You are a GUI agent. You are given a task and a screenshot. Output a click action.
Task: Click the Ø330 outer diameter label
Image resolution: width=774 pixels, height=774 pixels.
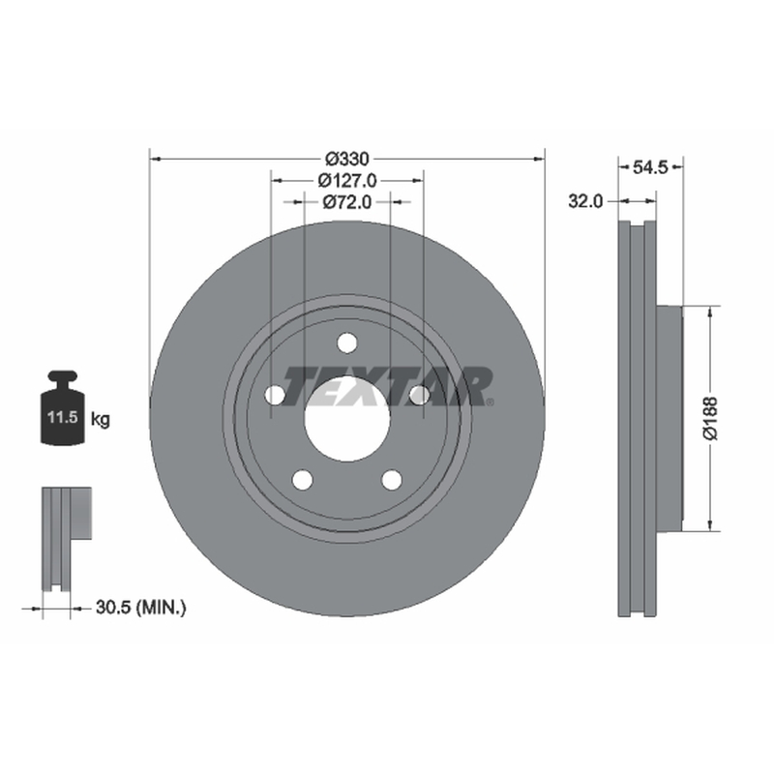pyautogui.click(x=347, y=159)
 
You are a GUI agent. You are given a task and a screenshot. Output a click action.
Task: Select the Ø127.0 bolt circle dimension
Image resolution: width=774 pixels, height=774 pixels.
pyautogui.click(x=347, y=181)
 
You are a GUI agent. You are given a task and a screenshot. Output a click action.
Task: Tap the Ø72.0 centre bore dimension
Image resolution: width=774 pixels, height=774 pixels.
pyautogui.click(x=347, y=202)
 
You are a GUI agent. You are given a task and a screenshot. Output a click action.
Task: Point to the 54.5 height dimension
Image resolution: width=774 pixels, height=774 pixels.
pyautogui.click(x=650, y=167)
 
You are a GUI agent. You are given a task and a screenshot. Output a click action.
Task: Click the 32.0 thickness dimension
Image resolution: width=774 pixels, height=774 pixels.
pyautogui.click(x=585, y=201)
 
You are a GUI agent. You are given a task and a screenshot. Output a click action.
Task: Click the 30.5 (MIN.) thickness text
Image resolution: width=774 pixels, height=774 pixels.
pyautogui.click(x=140, y=608)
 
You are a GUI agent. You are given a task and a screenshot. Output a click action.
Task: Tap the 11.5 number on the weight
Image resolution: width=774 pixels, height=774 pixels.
pyautogui.click(x=63, y=417)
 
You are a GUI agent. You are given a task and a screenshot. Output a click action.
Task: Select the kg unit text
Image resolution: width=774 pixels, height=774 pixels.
pyautogui.click(x=101, y=420)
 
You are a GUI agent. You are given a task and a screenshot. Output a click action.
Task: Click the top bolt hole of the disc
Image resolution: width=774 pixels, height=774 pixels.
pyautogui.click(x=347, y=343)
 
